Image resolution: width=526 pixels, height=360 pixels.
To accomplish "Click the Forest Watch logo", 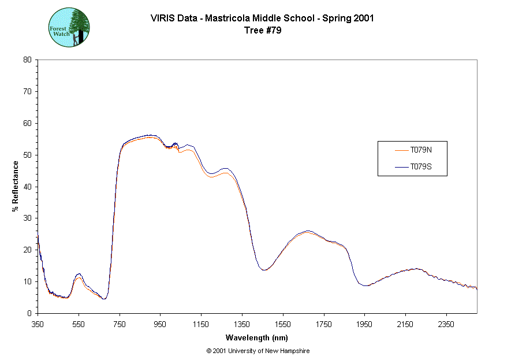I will pyautogui.click(x=69, y=27).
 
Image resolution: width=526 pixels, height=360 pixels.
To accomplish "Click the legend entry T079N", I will pyautogui.click(x=421, y=150).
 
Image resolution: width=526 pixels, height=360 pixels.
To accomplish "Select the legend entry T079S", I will pyautogui.click(x=421, y=167).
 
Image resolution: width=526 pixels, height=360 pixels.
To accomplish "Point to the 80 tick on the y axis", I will pyautogui.click(x=27, y=60).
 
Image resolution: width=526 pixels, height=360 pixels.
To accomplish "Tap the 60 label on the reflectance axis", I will pyautogui.click(x=27, y=123).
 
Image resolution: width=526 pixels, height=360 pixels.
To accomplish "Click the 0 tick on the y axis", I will pyautogui.click(x=29, y=313).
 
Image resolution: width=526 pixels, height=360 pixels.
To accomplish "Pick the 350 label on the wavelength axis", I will pyautogui.click(x=38, y=325).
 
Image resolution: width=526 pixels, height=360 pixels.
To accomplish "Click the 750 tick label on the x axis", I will pyautogui.click(x=120, y=325).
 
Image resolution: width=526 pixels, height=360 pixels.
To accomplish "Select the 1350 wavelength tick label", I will pyautogui.click(x=243, y=325).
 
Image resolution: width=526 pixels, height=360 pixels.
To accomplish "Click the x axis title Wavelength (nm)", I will pyautogui.click(x=257, y=338).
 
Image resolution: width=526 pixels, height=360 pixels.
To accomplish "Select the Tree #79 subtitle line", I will pyautogui.click(x=263, y=30).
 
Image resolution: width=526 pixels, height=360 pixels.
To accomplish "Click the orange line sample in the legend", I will pyautogui.click(x=401, y=150).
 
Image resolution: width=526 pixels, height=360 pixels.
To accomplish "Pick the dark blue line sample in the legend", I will pyautogui.click(x=401, y=167).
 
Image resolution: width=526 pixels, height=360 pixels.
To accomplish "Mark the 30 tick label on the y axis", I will pyautogui.click(x=27, y=218).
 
